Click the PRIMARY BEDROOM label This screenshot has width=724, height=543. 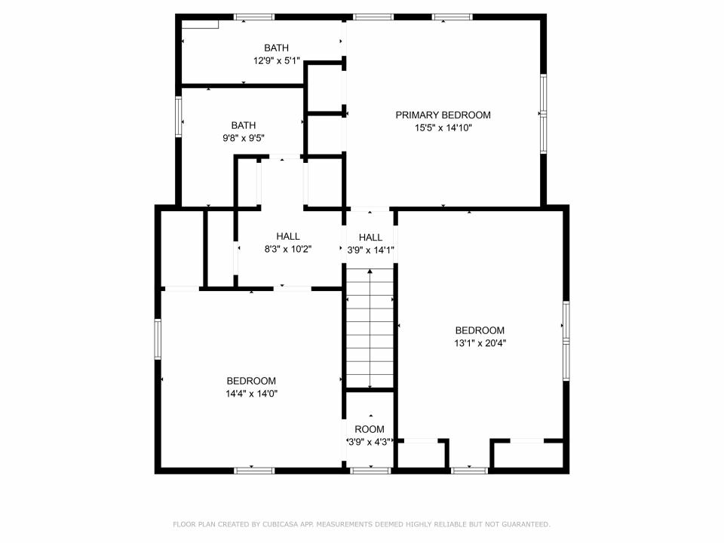[443, 115]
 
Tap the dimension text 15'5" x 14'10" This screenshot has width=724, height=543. [443, 128]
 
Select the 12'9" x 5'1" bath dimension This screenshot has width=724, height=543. [277, 60]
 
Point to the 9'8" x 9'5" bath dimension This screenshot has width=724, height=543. [244, 138]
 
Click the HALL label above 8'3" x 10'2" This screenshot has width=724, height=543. [288, 236]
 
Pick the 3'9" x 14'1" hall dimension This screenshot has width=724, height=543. [370, 250]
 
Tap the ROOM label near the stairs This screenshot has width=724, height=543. [370, 429]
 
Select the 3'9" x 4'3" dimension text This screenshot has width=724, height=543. [370, 442]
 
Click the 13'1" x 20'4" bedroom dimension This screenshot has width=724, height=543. [480, 343]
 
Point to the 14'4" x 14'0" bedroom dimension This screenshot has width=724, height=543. [251, 394]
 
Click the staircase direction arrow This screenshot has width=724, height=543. [370, 329]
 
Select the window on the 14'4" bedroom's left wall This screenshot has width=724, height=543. [158, 339]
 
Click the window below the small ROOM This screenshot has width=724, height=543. [370, 471]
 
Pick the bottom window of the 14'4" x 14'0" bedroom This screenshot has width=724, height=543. [254, 471]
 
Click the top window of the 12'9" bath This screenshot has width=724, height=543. [253, 17]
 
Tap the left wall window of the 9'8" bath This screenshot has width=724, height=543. [178, 117]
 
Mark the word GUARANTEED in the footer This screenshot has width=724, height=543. [526, 524]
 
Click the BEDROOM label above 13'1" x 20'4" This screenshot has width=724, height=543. [480, 330]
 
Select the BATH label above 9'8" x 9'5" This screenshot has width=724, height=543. [244, 125]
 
